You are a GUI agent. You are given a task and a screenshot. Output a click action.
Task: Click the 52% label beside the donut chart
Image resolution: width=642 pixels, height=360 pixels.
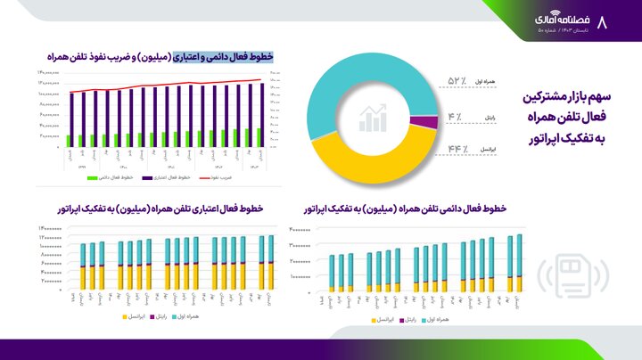click(457, 81)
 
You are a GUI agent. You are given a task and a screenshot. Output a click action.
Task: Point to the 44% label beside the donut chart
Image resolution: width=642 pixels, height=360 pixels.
click(457, 148)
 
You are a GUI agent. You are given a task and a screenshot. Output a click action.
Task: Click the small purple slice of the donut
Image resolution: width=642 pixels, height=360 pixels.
click(429, 122)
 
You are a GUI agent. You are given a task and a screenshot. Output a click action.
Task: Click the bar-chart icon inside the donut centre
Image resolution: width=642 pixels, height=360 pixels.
click(373, 117)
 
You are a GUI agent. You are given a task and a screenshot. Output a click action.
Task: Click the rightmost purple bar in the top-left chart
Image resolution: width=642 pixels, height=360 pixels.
click(263, 111)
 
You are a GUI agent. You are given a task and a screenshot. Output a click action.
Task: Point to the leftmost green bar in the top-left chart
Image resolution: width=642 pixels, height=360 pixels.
click(69, 140)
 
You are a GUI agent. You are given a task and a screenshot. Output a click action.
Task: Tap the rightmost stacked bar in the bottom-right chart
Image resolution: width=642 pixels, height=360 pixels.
click(519, 263)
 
